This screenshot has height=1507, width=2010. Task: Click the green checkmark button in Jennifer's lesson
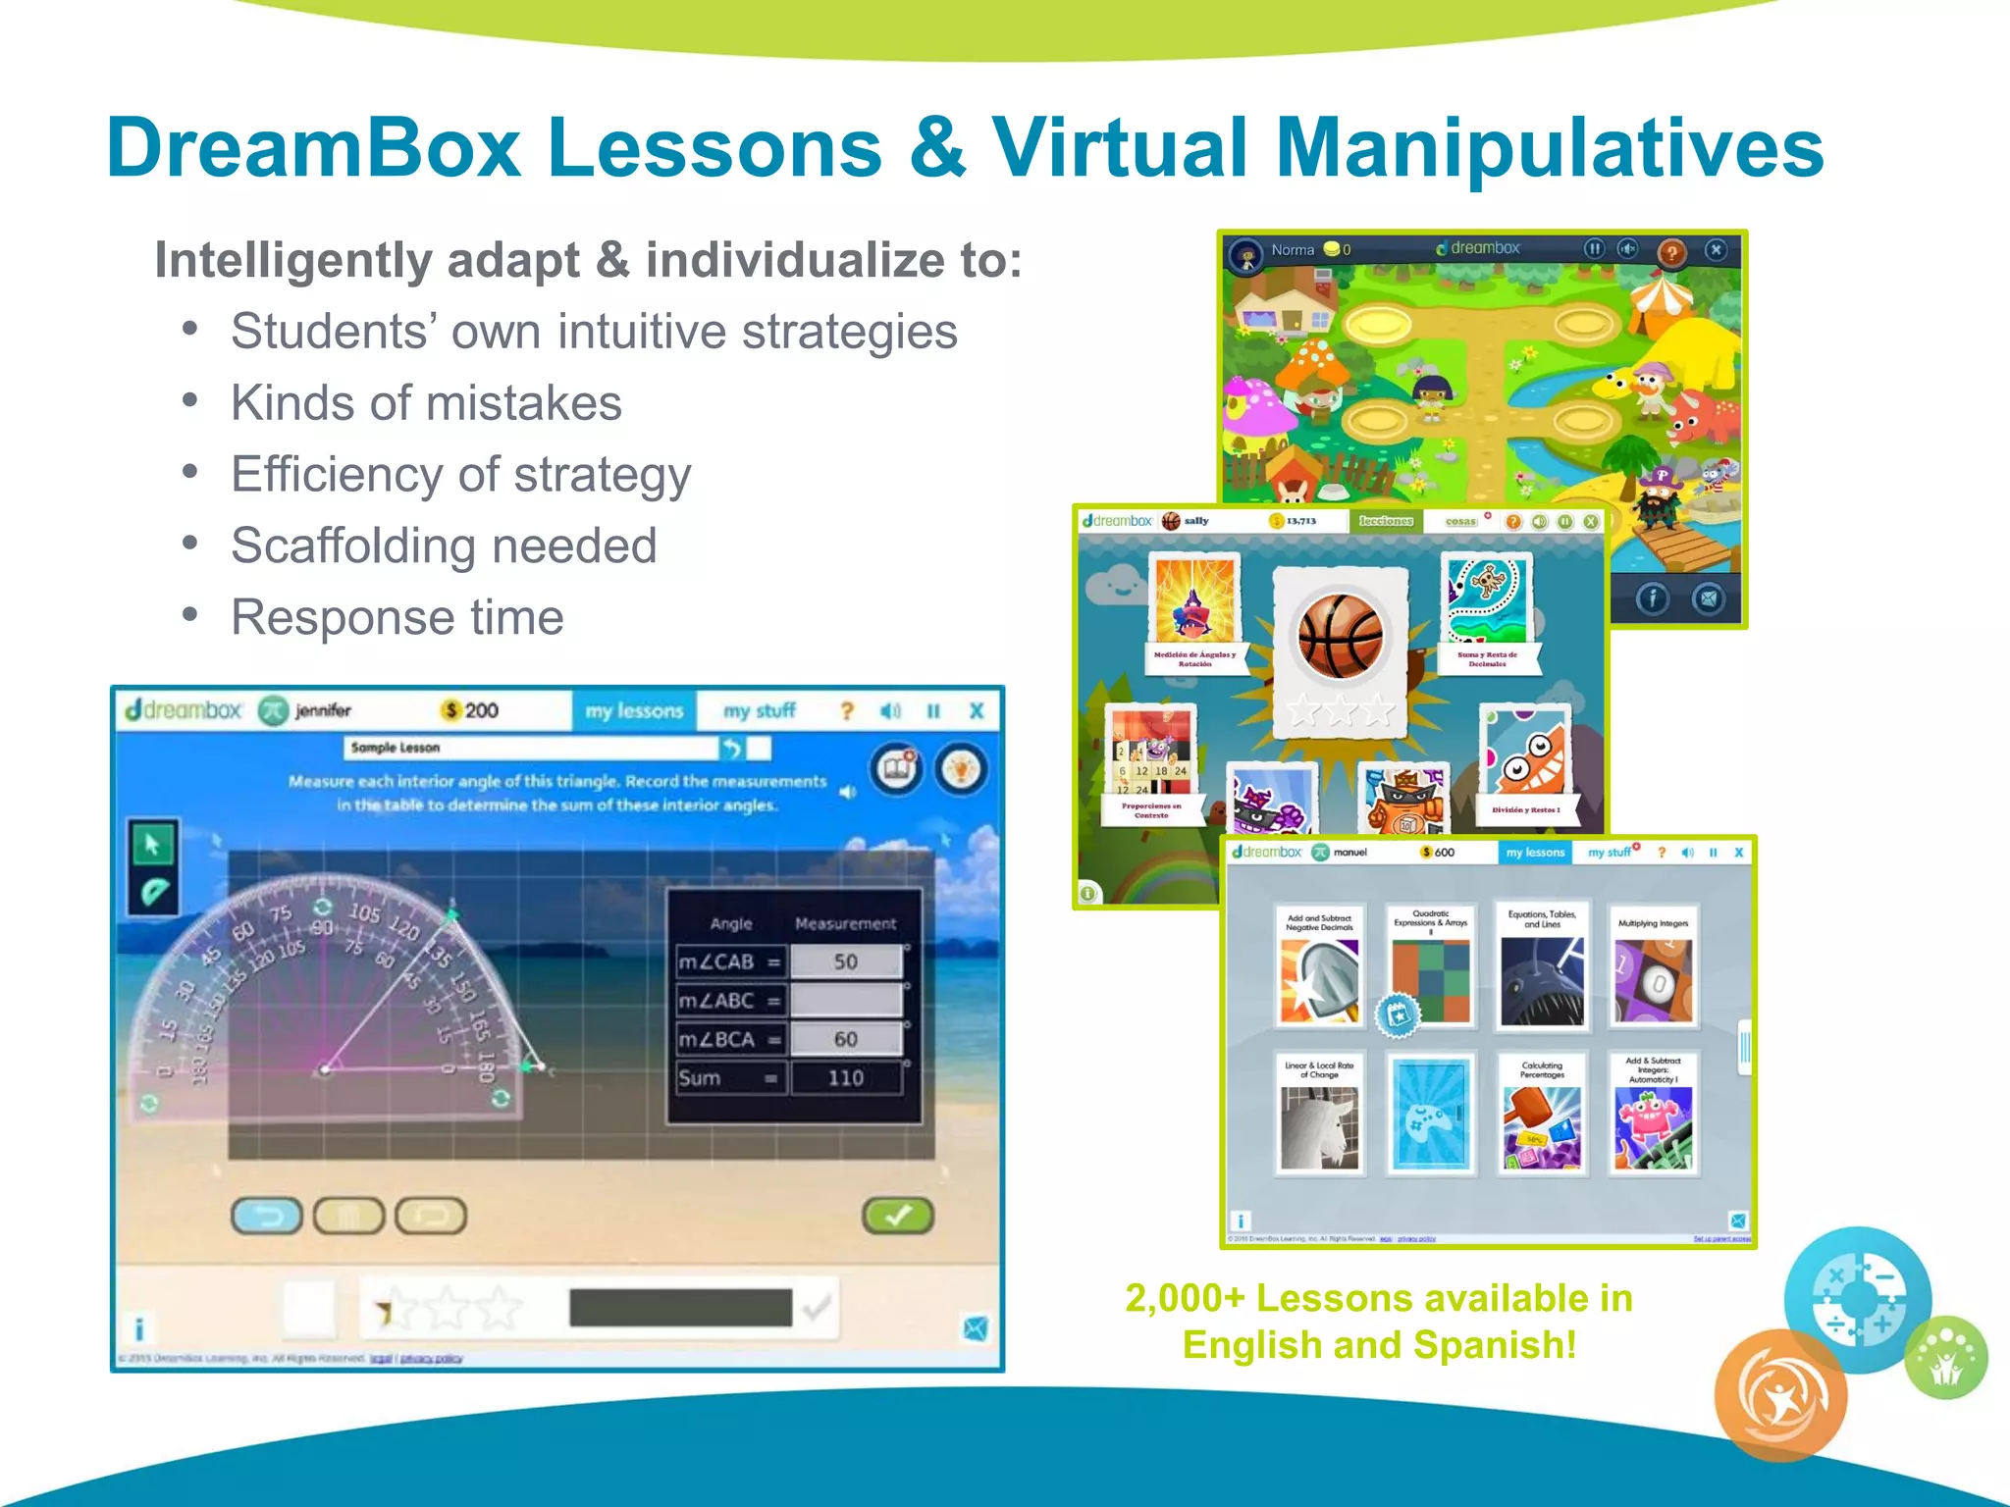tap(897, 1216)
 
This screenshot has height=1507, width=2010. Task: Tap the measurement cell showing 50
tap(845, 961)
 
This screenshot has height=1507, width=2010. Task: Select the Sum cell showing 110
tap(845, 1078)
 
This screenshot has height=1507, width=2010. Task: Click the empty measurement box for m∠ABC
tap(845, 1001)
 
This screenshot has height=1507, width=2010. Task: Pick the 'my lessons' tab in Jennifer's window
tap(634, 710)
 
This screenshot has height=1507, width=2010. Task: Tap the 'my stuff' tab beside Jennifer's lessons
tap(759, 710)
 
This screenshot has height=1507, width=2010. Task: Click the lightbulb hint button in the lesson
tap(961, 770)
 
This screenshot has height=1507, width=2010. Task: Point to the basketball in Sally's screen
tap(1340, 637)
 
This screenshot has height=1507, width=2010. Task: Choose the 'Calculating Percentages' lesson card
tap(1542, 1116)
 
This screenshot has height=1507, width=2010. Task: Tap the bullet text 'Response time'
tap(397, 618)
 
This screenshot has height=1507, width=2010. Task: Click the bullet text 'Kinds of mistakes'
tap(426, 403)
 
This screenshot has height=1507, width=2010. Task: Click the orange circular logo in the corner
tap(1780, 1395)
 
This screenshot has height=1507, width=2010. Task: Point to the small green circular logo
tap(1946, 1358)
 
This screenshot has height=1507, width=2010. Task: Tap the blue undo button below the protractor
tap(267, 1217)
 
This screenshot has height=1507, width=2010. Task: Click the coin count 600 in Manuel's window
tap(1444, 853)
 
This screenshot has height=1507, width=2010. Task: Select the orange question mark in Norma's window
tap(1671, 252)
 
